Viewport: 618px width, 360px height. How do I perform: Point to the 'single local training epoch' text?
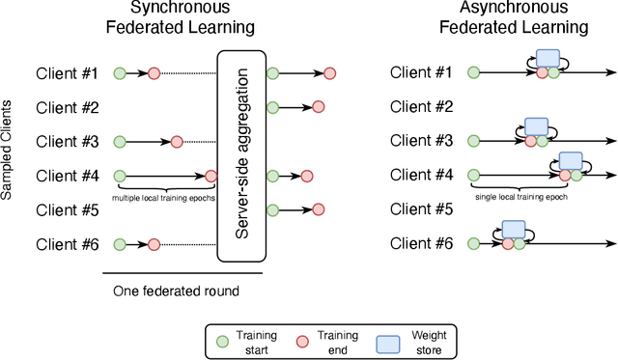coord(520,196)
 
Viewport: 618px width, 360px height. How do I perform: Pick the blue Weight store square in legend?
coord(388,341)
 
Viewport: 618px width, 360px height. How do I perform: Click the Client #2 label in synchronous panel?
coord(68,107)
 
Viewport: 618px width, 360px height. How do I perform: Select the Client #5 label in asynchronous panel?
coord(422,208)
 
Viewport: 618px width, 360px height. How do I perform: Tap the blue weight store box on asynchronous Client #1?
coord(548,59)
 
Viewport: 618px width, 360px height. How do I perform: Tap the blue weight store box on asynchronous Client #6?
coord(514,230)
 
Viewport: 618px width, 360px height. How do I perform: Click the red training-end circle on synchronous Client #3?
coord(177,142)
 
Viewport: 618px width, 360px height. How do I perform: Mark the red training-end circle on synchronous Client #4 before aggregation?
coord(211,176)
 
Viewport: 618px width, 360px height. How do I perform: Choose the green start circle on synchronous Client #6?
coord(119,244)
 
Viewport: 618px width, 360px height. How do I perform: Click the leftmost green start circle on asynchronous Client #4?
coord(473,176)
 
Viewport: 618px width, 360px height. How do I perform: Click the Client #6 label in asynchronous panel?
coord(422,244)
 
